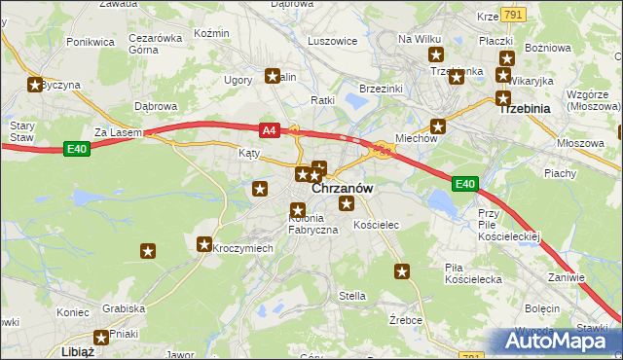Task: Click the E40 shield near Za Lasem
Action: [78, 148]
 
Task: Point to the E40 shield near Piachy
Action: [465, 183]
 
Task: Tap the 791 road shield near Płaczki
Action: [515, 14]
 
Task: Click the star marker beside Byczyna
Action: [36, 86]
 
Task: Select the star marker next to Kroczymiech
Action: [205, 245]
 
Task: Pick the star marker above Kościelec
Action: [347, 203]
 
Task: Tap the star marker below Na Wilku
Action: [436, 55]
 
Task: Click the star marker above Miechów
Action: [439, 125]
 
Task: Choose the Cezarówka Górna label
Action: [156, 45]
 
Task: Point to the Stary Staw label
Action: [21, 131]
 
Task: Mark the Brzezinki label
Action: [381, 88]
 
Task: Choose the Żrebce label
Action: [404, 319]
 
